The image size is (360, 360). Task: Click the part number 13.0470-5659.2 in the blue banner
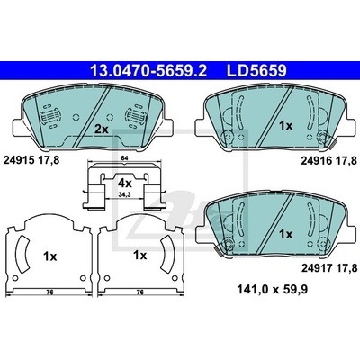[x=148, y=71]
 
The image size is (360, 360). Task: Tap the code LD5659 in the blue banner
[x=256, y=71]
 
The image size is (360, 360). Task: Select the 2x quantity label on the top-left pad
[x=101, y=130]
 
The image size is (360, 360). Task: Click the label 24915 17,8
[x=31, y=160]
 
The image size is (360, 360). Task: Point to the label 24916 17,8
[x=329, y=161]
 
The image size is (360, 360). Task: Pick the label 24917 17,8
[x=329, y=267]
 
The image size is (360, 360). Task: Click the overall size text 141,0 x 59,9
[x=273, y=290]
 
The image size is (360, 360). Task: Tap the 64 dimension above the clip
[x=124, y=158]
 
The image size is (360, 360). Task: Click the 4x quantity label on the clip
[x=124, y=183]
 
